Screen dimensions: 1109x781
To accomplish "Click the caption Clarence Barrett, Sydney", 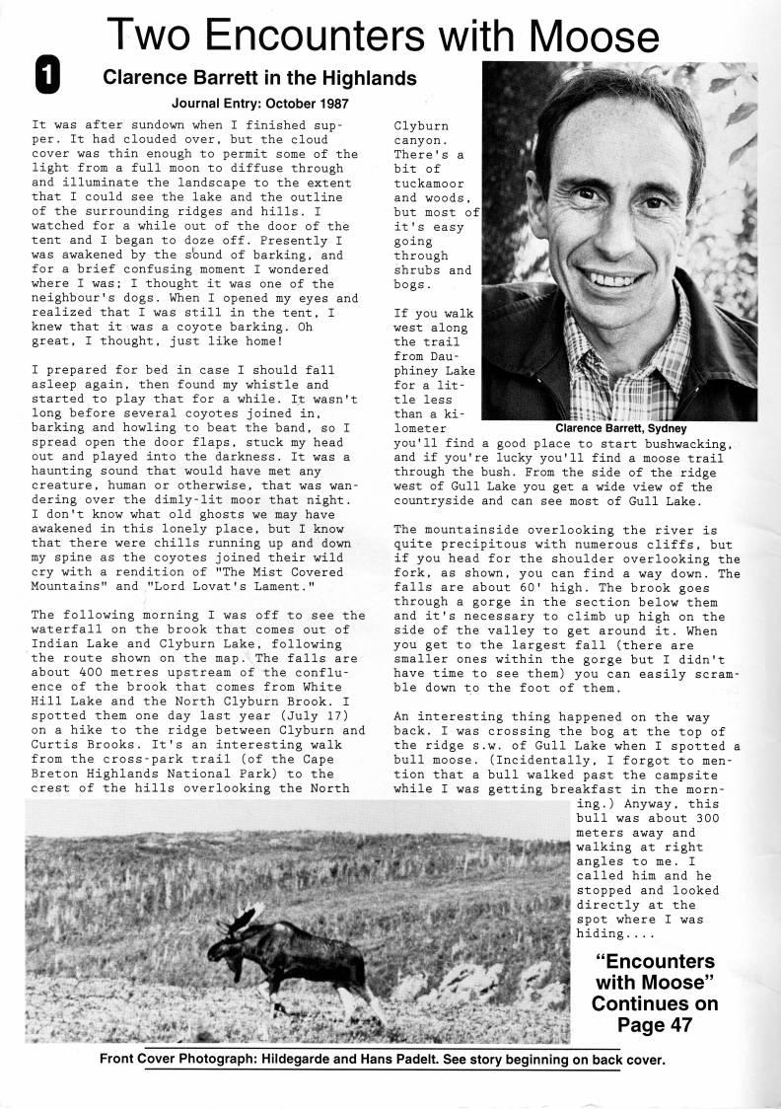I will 621,429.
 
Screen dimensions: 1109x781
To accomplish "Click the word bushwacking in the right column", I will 680,445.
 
